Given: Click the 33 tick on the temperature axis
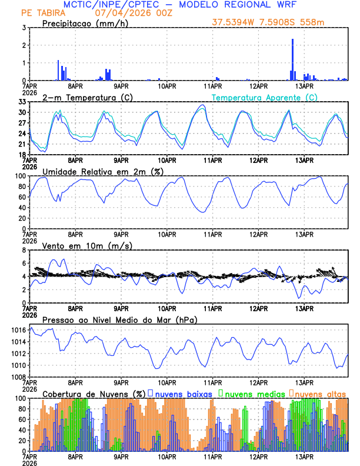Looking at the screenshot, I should tap(22, 102).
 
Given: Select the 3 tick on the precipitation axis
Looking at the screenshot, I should tap(24, 28).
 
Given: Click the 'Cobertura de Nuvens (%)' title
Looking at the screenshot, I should tap(94, 393).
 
